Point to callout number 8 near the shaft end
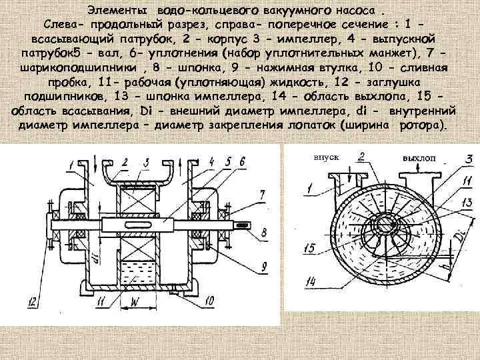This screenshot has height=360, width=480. [x=265, y=233]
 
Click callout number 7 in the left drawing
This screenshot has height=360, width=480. [x=264, y=195]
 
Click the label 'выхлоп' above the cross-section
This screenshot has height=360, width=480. [x=417, y=159]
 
